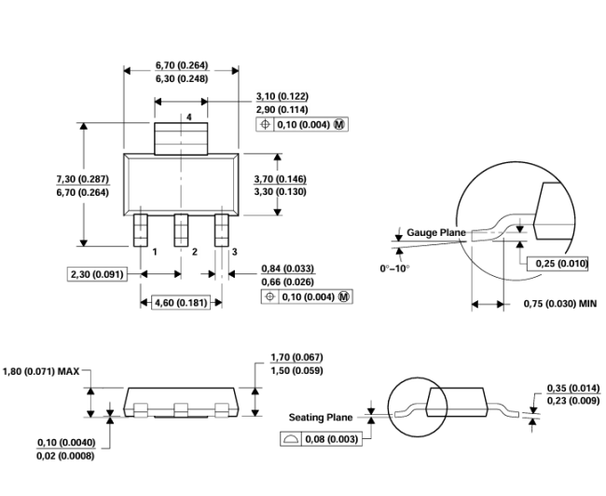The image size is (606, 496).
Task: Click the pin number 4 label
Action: pyautogui.click(x=189, y=117)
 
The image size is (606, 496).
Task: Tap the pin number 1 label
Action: pyautogui.click(x=155, y=252)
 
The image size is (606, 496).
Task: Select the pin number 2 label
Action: pyautogui.click(x=195, y=252)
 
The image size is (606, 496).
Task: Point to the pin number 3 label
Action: pyautogui.click(x=234, y=252)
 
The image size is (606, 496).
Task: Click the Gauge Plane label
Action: pyautogui.click(x=436, y=232)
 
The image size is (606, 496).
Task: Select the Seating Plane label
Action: pyautogui.click(x=321, y=417)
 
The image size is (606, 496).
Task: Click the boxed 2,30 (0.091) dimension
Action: pyautogui.click(x=97, y=274)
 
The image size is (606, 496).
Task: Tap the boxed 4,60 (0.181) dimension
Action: pyautogui.click(x=181, y=302)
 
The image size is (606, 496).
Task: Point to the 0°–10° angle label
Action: pyautogui.click(x=394, y=269)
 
